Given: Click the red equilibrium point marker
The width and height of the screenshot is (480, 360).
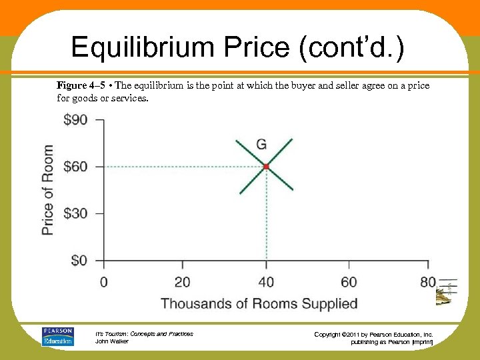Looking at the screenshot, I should point(266,166).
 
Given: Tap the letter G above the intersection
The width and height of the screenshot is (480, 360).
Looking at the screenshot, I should point(261,144).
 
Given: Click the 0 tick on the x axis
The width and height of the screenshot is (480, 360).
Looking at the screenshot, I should point(103,282).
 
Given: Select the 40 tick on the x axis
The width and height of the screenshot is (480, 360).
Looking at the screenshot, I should point(266,282).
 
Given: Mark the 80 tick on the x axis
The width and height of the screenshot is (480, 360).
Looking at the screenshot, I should point(428,282).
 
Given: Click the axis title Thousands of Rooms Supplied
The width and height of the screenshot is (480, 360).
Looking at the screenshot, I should point(259,304).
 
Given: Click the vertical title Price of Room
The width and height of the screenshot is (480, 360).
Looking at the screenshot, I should point(48,190).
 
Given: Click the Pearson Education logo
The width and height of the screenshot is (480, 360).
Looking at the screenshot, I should point(57,336).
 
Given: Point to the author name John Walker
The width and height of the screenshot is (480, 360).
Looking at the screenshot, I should point(113,341).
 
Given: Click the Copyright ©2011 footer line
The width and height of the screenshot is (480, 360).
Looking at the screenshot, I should point(373,334).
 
